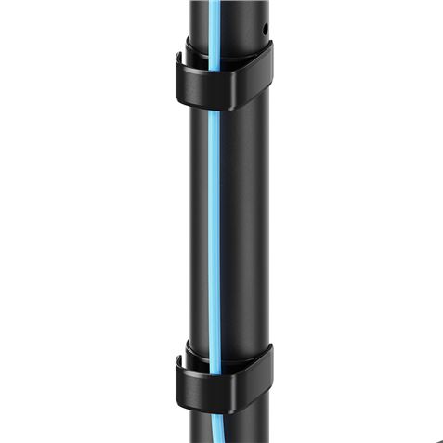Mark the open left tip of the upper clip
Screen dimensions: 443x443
pos(179,63)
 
